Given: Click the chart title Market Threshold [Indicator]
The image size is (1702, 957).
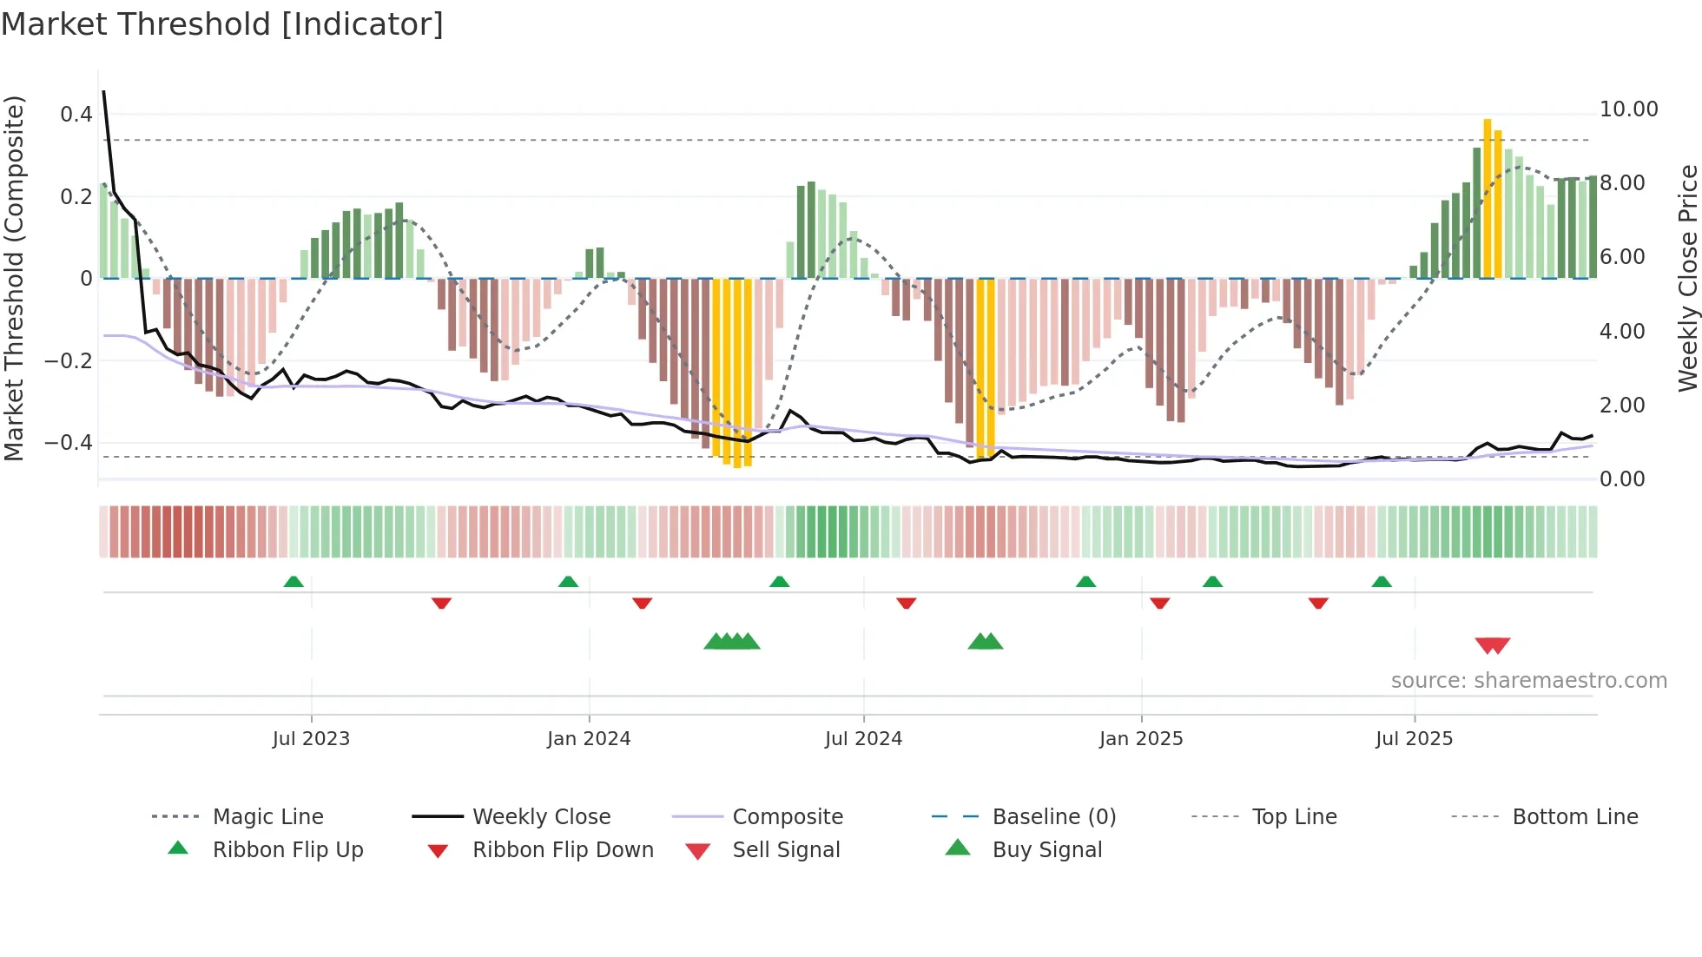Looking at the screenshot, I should tap(222, 24).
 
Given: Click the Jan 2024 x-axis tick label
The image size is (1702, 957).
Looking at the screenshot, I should tap(589, 739).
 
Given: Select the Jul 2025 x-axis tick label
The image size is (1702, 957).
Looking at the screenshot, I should tap(1414, 739).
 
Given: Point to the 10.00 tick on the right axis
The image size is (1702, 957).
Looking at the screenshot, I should tap(1628, 109).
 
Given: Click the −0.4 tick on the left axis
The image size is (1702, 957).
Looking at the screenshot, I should tap(68, 443).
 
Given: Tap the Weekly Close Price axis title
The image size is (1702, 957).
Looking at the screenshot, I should tap(1687, 278).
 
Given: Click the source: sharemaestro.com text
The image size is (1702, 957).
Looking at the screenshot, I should tap(1528, 681).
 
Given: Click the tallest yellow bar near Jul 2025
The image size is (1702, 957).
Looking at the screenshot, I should tap(1488, 200).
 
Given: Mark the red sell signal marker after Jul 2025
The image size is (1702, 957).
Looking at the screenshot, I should tap(1492, 645).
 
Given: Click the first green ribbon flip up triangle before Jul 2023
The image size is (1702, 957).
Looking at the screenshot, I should tap(294, 582).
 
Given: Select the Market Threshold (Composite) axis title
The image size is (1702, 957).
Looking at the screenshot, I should tap(14, 278).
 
